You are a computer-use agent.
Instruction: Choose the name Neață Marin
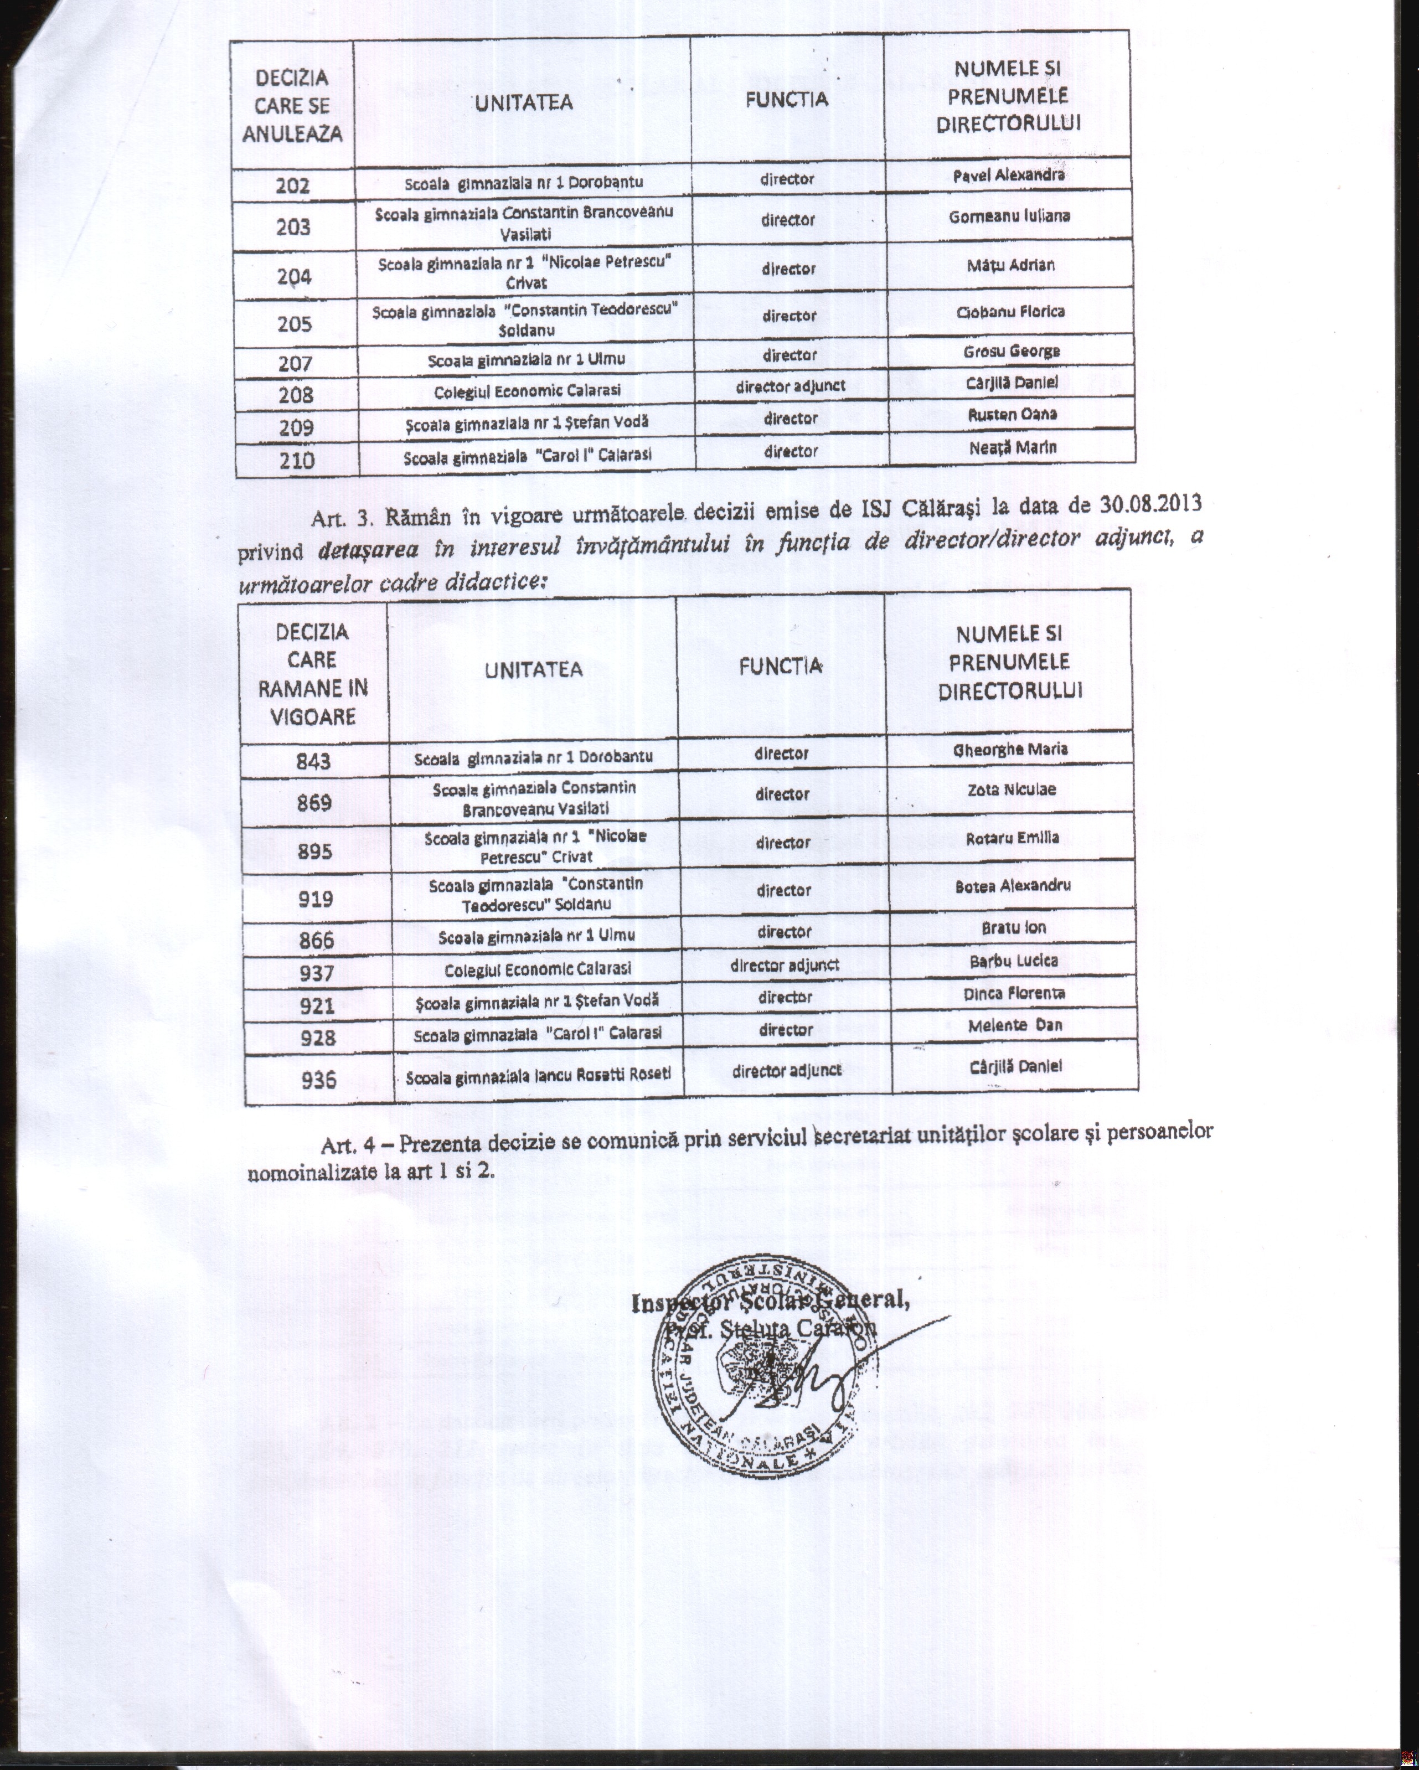point(1013,447)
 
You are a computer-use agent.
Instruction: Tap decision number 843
point(314,762)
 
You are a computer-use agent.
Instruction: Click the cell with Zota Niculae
point(1012,789)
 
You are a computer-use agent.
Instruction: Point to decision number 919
point(316,899)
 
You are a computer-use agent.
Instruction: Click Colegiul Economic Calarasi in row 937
point(538,969)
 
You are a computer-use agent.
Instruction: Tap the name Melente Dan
point(1015,1025)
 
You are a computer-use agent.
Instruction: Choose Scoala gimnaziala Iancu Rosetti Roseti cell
point(539,1076)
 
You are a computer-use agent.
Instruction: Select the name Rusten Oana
point(1012,415)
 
